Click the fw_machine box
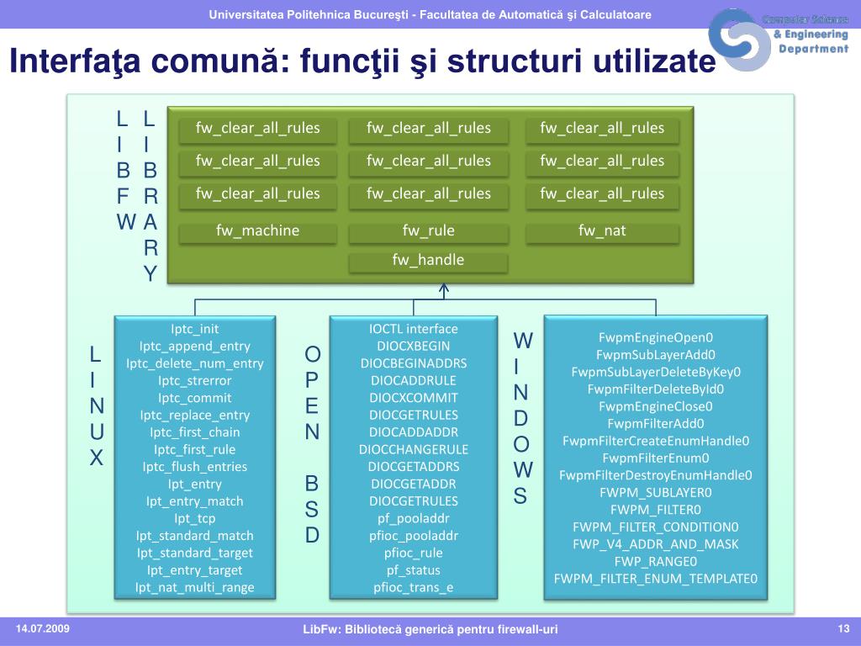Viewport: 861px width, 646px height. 258,230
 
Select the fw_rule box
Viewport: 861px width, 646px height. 428,230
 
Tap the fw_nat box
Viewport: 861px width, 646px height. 602,230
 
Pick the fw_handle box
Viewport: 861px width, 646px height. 428,260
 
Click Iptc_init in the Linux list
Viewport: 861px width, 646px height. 194,329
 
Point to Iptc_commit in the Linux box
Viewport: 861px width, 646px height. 194,398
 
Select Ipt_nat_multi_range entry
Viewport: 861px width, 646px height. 194,587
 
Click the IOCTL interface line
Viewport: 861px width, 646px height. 414,329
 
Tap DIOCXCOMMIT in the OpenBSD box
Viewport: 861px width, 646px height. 414,398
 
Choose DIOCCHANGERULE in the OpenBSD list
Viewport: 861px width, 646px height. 414,449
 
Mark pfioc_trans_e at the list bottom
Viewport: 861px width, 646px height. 414,587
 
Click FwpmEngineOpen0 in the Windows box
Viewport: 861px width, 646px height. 656,337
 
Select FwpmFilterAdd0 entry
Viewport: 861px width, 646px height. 656,423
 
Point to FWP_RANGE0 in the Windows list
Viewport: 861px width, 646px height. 656,561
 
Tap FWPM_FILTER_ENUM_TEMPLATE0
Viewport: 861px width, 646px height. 656,579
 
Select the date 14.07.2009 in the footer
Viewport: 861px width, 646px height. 43,629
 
